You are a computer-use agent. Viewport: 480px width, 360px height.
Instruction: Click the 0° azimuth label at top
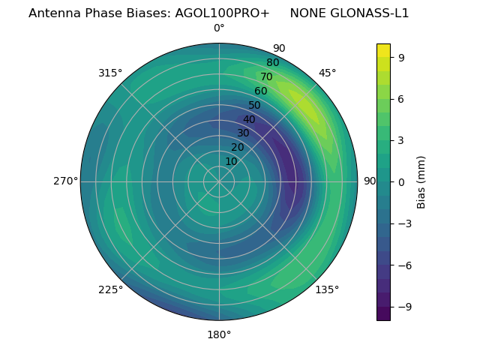[219, 28]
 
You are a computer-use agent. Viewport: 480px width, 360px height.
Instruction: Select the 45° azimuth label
[327, 73]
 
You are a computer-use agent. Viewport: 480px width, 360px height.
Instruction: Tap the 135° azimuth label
[327, 289]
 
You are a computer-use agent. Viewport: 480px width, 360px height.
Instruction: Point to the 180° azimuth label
[219, 334]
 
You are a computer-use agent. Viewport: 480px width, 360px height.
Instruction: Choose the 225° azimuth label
[110, 289]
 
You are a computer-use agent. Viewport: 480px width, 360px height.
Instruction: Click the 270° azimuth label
[65, 181]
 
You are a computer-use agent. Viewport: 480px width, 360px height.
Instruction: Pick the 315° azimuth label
[110, 73]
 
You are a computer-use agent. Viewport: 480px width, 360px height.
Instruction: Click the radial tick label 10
[231, 161]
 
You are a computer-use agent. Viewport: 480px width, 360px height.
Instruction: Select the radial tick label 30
[243, 133]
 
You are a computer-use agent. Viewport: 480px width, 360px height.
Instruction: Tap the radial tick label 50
[255, 106]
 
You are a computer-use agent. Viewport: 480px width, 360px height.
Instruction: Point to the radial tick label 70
[267, 77]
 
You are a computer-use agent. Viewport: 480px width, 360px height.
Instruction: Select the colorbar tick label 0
[402, 181]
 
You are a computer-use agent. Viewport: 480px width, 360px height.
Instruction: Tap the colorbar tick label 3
[402, 139]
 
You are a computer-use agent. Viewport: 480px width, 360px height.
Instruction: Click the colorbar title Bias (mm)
[421, 181]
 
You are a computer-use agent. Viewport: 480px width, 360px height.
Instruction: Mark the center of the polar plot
[219, 181]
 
